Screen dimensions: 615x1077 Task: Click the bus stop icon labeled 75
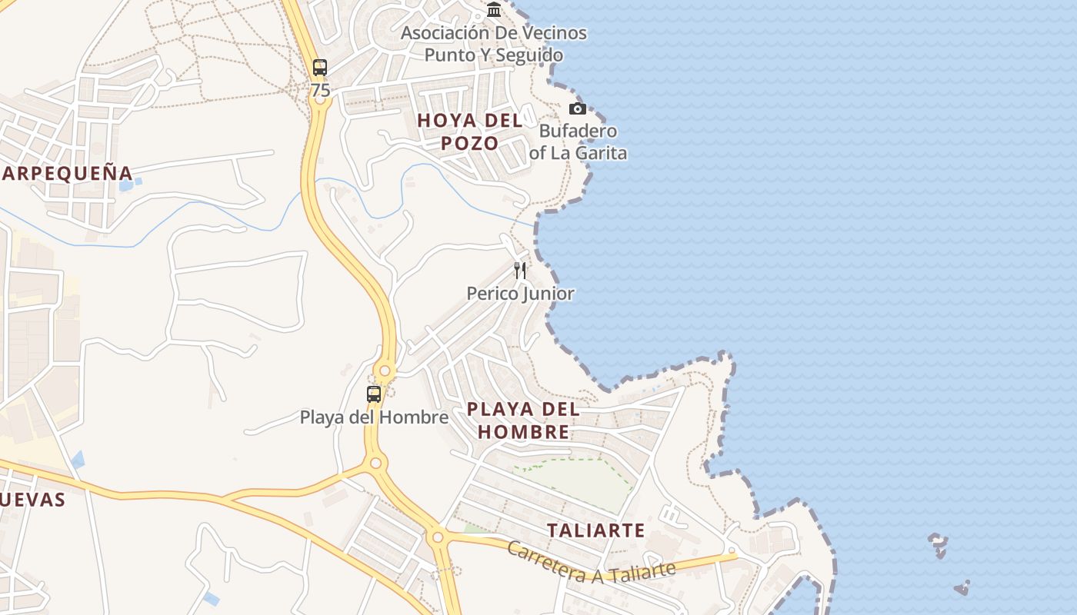point(320,68)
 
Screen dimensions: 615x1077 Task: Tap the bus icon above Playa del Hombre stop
point(374,394)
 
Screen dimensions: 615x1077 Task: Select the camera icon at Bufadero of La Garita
point(577,108)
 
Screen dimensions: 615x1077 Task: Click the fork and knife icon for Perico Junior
point(520,270)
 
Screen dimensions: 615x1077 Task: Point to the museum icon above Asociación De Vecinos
point(494,10)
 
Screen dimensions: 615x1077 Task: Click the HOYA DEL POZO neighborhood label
point(469,131)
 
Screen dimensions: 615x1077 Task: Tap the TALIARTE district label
point(595,530)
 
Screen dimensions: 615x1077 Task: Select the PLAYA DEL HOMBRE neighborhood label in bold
point(523,421)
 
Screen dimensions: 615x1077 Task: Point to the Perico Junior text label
point(520,294)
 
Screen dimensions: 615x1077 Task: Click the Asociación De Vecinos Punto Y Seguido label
point(494,44)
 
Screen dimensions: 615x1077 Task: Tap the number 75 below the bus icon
point(320,91)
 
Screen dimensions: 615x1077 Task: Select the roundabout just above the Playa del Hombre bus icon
point(385,372)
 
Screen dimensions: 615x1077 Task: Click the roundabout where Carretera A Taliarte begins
point(438,537)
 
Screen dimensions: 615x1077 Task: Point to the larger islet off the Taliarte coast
point(938,545)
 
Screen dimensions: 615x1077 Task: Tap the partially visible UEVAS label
point(32,500)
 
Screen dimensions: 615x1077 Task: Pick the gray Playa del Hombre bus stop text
point(374,417)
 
